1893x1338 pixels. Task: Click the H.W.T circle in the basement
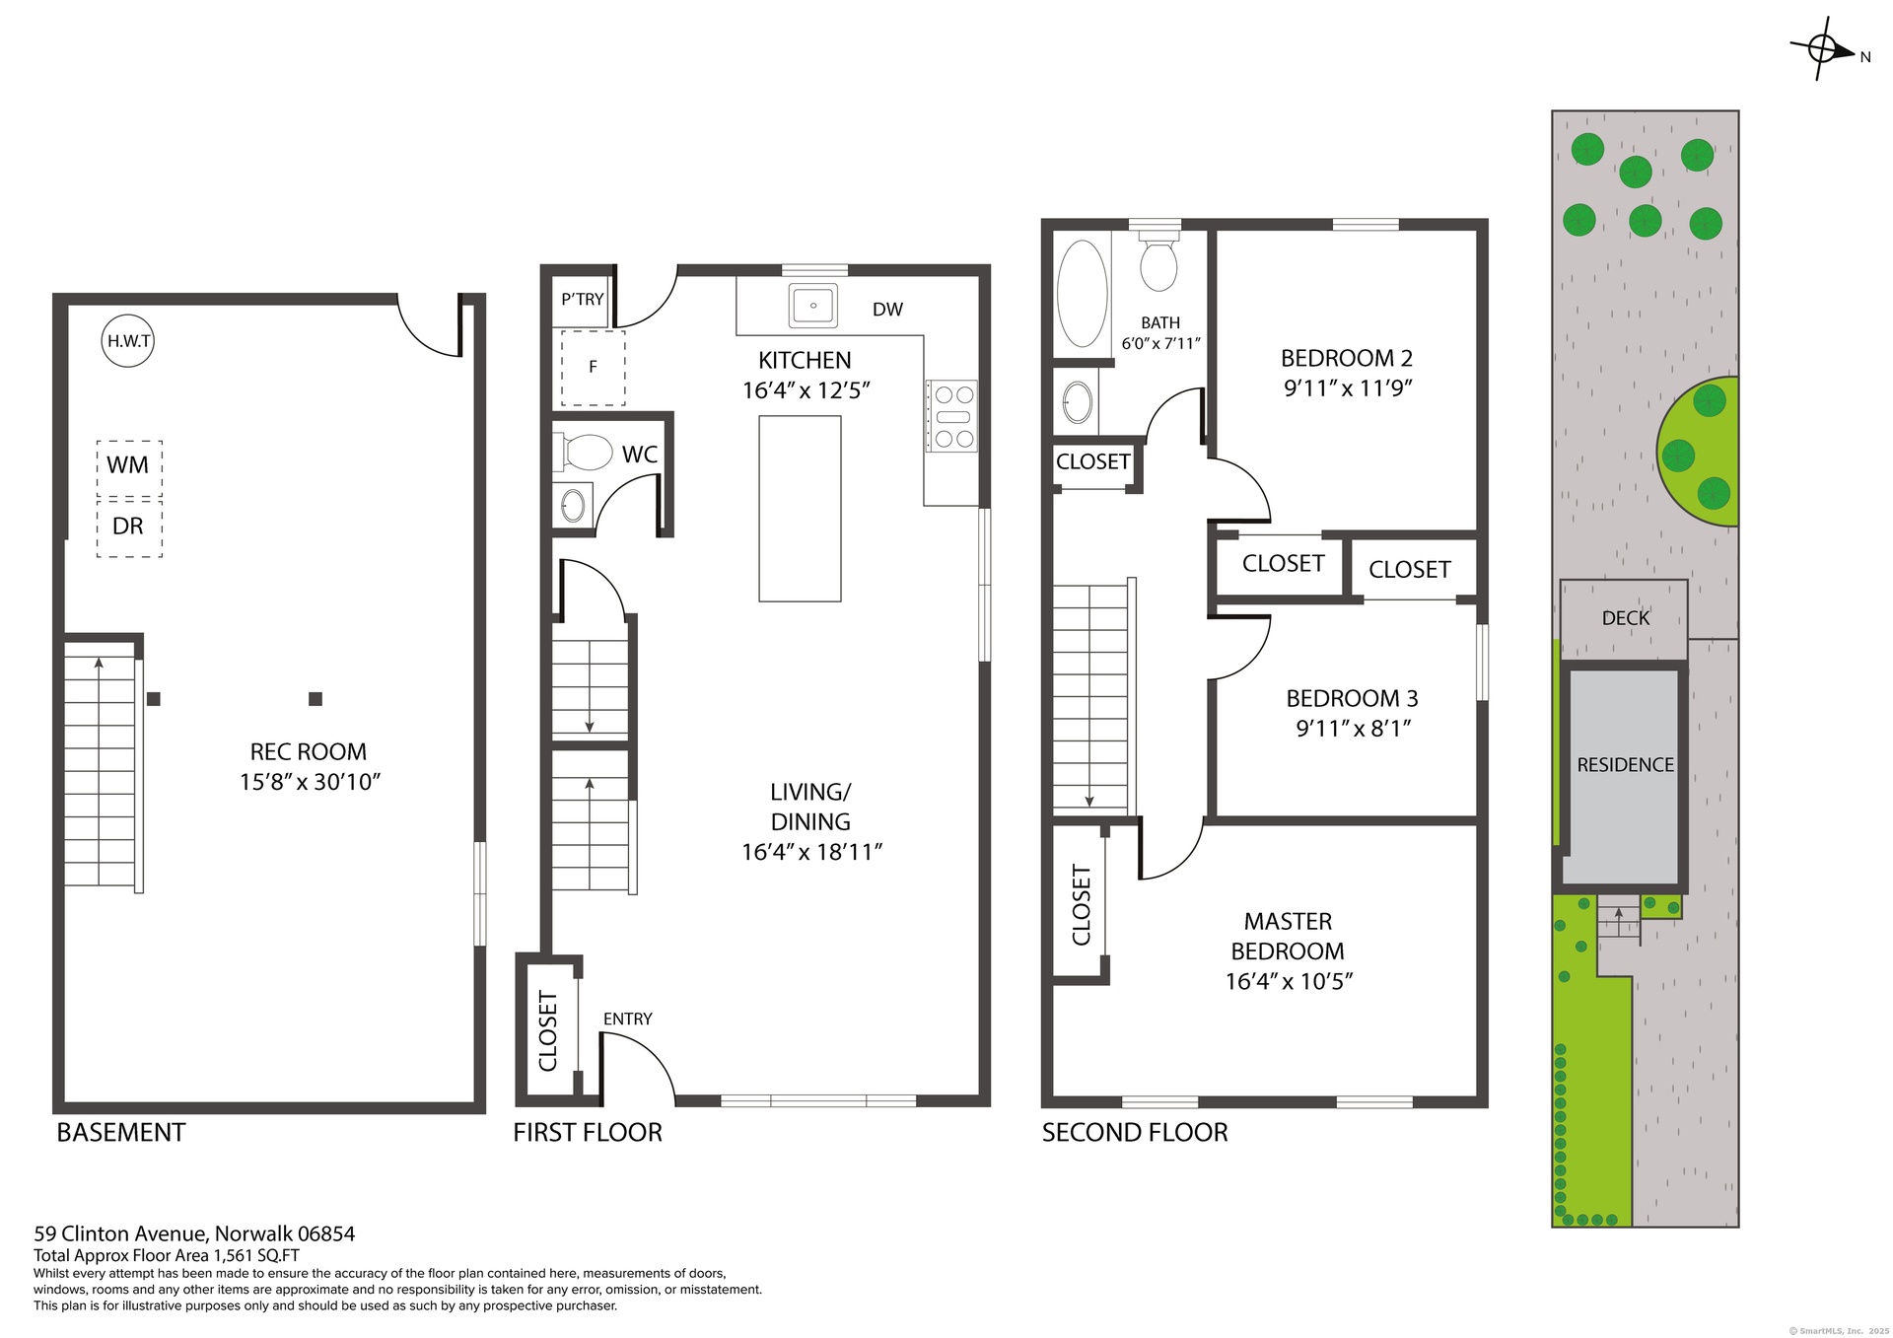128,341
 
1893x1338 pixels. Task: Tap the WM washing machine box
129,468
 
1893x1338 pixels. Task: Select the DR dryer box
129,528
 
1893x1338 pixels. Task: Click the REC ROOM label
309,752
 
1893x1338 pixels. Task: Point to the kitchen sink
813,306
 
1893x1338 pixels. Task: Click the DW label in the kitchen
887,310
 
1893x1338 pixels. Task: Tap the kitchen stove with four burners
951,416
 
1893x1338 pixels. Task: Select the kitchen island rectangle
800,509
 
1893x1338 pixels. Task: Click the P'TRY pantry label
583,299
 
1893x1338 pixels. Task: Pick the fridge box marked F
594,368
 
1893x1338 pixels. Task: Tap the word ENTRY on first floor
628,1019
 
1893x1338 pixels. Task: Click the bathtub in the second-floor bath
1083,294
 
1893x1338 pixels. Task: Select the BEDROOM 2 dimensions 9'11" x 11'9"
1348,388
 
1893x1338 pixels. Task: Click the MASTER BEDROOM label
1288,936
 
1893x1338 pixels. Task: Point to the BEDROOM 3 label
1352,699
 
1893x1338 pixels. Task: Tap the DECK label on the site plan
1625,618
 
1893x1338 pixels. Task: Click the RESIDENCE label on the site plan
1625,765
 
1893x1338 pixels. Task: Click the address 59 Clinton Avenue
121,1233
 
